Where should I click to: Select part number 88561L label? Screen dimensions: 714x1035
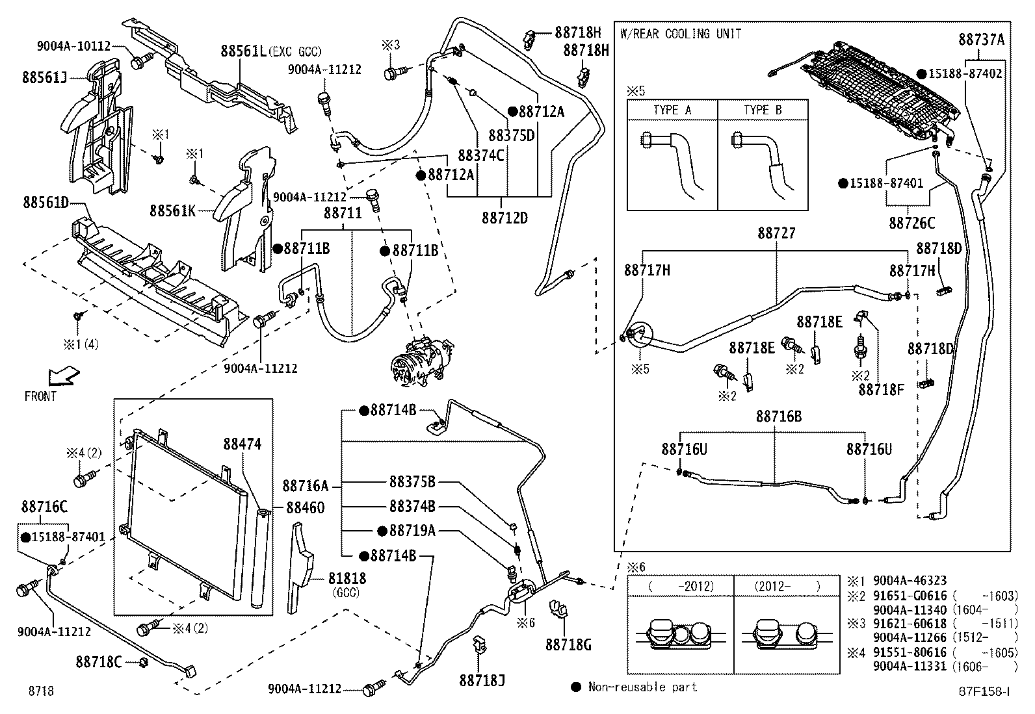pos(244,51)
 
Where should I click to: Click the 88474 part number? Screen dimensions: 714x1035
pos(242,444)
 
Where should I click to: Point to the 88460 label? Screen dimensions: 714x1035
pos(306,507)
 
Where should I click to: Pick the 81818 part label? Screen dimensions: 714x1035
pos(346,578)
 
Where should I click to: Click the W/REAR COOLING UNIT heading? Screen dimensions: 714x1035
pos(681,34)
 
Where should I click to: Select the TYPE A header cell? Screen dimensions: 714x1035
pos(672,110)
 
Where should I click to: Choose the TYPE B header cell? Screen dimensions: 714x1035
pos(763,110)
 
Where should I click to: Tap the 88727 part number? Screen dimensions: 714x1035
pos(776,233)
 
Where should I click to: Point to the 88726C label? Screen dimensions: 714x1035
pos(911,223)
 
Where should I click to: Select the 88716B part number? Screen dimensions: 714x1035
pos(778,416)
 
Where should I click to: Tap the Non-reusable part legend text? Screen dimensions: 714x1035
pos(642,687)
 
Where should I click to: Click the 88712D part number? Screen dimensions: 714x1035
pos(504,218)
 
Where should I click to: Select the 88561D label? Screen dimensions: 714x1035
pos(44,203)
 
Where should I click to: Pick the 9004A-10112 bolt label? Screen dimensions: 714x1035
pos(73,45)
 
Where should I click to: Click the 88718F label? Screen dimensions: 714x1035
pos(882,389)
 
